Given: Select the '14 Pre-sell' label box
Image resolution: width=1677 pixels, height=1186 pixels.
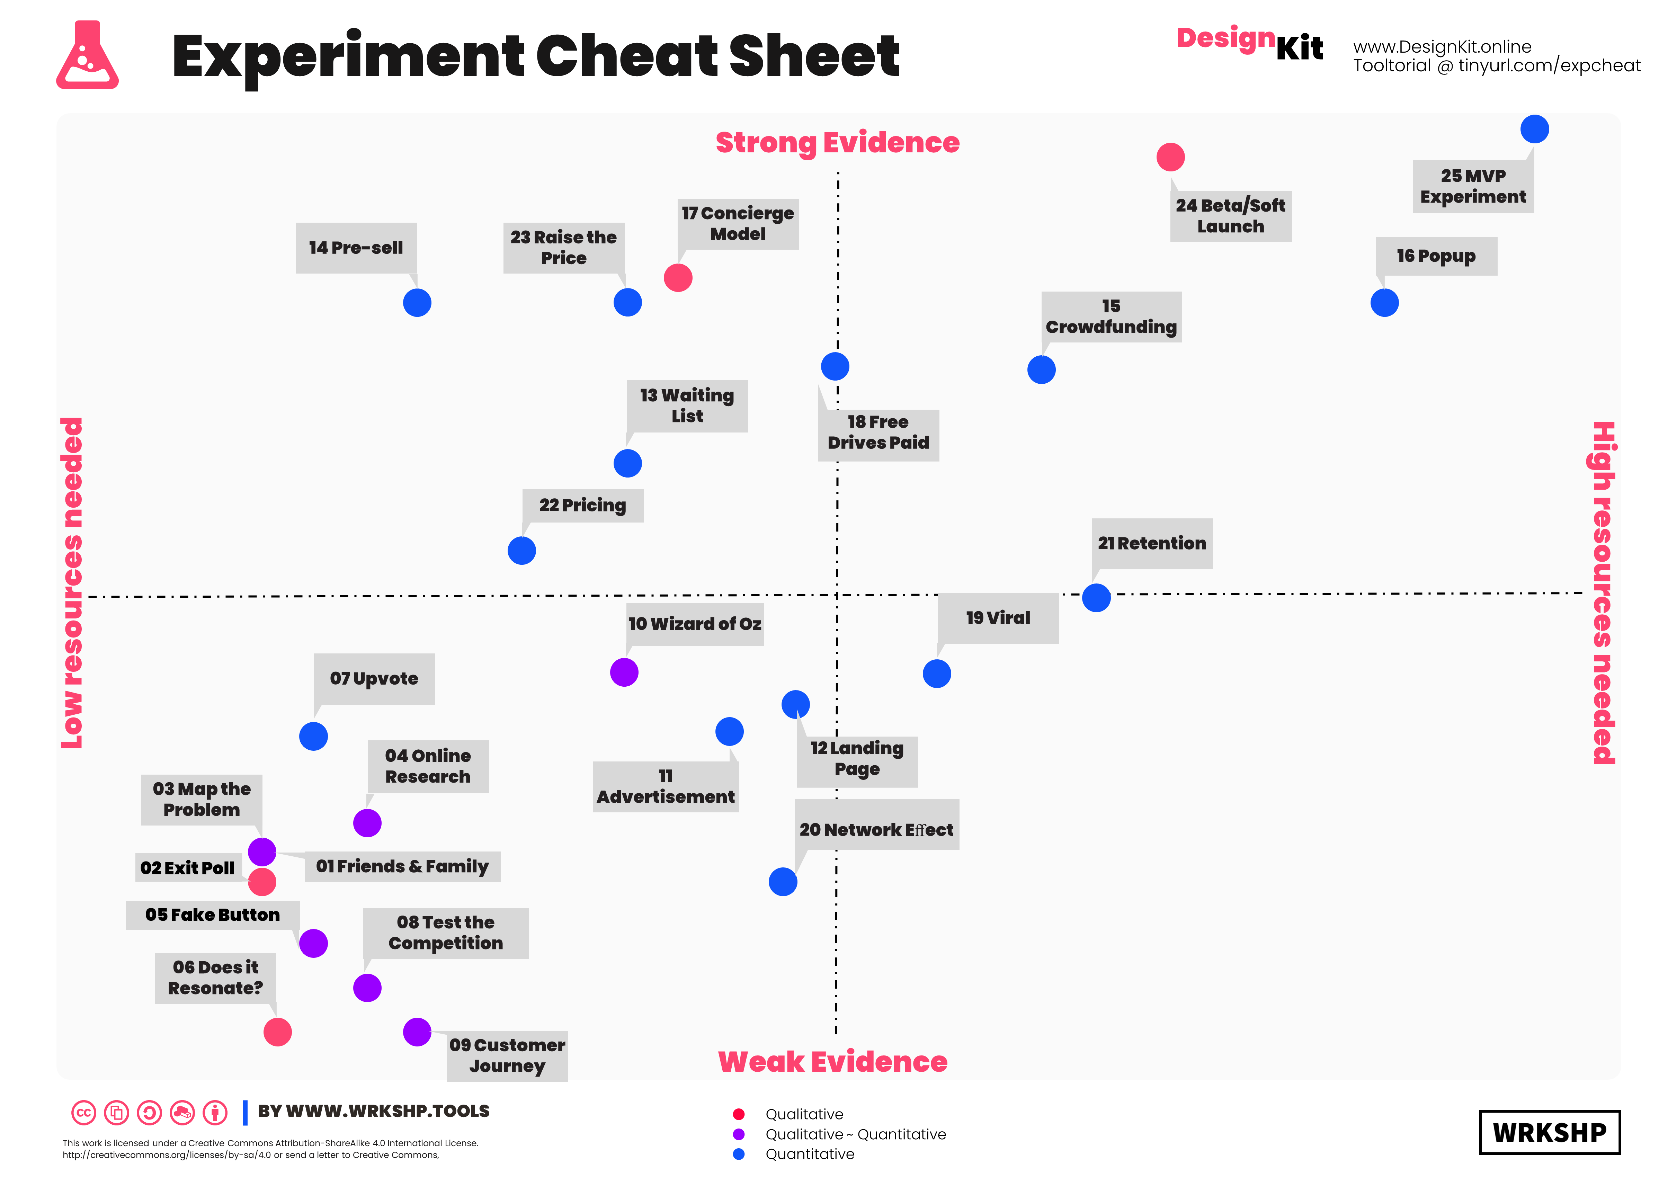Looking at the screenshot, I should click(x=356, y=248).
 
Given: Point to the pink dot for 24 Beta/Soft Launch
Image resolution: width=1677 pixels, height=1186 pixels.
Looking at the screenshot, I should click(x=1170, y=157).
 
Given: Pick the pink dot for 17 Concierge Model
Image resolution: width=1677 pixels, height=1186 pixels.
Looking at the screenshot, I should click(x=678, y=277).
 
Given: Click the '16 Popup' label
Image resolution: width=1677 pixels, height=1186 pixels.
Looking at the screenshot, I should click(x=1435, y=256).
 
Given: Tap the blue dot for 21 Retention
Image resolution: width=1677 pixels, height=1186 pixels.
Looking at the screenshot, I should click(x=1096, y=597).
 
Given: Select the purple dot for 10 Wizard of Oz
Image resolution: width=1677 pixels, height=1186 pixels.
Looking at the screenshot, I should click(x=624, y=672).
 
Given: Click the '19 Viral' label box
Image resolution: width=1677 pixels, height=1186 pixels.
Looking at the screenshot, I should click(x=998, y=618).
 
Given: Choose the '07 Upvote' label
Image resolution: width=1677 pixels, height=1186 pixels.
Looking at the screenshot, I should click(x=374, y=678).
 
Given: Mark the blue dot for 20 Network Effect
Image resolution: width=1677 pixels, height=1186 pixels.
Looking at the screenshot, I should click(x=782, y=882).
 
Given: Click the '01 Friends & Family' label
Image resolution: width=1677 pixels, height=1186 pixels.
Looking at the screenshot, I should click(x=402, y=866).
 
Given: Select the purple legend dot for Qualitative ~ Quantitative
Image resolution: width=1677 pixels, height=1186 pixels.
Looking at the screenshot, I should click(x=739, y=1134).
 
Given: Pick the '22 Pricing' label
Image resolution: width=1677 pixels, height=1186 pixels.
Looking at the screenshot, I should click(x=582, y=505).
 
